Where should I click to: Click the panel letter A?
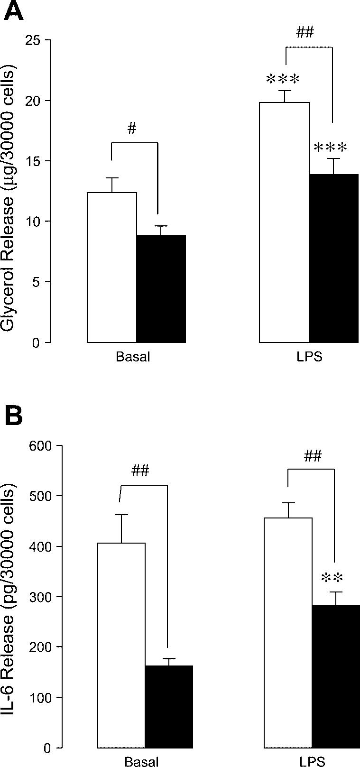click(x=13, y=11)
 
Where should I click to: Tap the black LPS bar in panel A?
click(x=333, y=258)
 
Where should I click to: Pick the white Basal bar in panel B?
click(x=121, y=645)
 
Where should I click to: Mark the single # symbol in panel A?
click(x=132, y=129)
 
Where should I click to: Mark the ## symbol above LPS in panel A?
click(x=305, y=33)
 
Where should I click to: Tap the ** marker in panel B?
click(x=332, y=578)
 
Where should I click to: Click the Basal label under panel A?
click(x=133, y=357)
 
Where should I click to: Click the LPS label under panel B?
click(x=312, y=762)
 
